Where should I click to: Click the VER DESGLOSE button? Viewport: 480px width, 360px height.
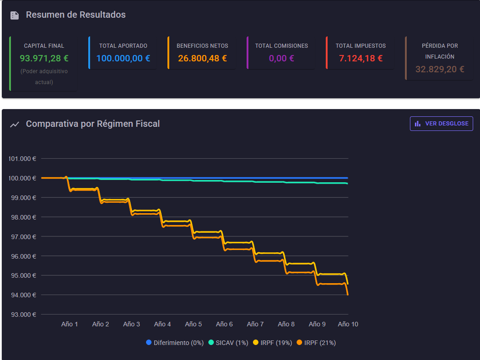pyautogui.click(x=441, y=124)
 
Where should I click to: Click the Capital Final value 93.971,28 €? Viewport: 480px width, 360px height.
pyautogui.click(x=44, y=58)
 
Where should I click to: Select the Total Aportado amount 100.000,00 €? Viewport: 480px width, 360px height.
pyautogui.click(x=123, y=58)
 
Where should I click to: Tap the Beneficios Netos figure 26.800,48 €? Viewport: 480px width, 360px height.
pyautogui.click(x=202, y=58)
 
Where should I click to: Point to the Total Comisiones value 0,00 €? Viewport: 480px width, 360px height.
pyautogui.click(x=282, y=58)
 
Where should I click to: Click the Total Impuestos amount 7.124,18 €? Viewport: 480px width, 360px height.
pyautogui.click(x=361, y=58)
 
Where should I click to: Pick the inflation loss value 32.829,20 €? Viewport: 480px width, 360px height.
pyautogui.click(x=440, y=69)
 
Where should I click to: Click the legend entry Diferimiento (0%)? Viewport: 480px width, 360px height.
pyautogui.click(x=175, y=343)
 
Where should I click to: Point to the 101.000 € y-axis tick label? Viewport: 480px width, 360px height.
pyautogui.click(x=22, y=159)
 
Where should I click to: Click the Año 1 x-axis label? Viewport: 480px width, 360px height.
pyautogui.click(x=70, y=324)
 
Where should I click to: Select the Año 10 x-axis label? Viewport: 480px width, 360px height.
pyautogui.click(x=348, y=324)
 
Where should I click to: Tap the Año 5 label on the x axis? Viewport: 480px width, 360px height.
pyautogui.click(x=193, y=324)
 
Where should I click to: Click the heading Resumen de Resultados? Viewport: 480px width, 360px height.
pyautogui.click(x=76, y=15)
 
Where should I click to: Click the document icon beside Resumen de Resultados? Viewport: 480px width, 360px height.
pyautogui.click(x=15, y=15)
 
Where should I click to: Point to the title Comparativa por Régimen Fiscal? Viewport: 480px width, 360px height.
pyautogui.click(x=93, y=124)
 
